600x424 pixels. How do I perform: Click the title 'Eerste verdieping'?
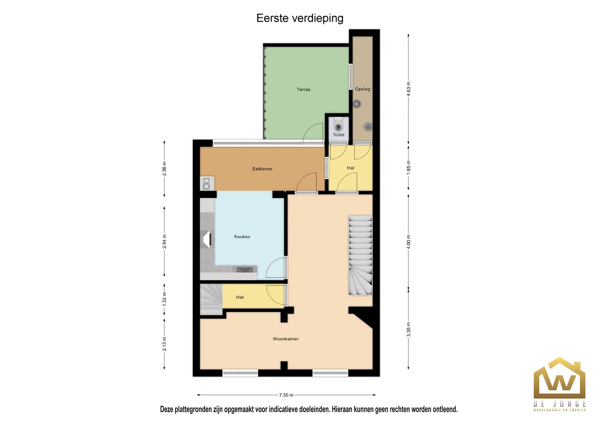coord(300,18)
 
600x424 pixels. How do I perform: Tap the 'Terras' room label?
coord(303,90)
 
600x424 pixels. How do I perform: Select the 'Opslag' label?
coord(362,89)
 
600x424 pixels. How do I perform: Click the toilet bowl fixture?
coord(338,126)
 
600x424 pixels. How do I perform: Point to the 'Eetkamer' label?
coord(262,169)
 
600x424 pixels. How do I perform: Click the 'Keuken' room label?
coord(242,237)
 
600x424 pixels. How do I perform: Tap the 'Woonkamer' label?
coord(285,339)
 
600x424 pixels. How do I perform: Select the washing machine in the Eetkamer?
coord(206,184)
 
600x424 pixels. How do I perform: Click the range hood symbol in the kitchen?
coord(207,239)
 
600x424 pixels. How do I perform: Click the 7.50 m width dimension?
coord(286,395)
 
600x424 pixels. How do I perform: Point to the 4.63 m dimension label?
coord(408,89)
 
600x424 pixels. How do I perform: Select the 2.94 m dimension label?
coord(165,242)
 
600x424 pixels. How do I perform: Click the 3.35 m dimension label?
coord(408,329)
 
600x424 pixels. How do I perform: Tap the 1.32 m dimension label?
coord(165,299)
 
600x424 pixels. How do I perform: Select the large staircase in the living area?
coord(360,255)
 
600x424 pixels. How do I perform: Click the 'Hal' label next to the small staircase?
coord(240,297)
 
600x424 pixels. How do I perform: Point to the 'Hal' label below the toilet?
coord(350,168)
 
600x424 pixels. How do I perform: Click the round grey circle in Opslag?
coord(357,104)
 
